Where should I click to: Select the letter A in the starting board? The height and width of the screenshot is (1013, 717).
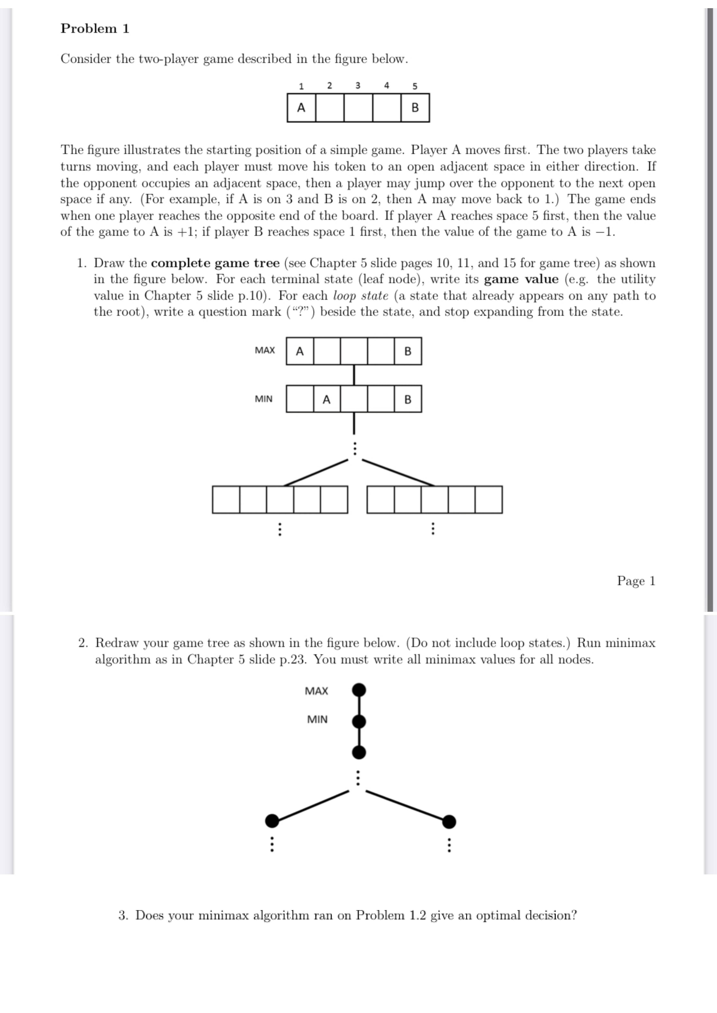pyautogui.click(x=301, y=107)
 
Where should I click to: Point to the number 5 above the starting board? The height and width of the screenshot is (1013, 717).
pyautogui.click(x=415, y=86)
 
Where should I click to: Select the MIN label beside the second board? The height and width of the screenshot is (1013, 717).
pyautogui.click(x=264, y=399)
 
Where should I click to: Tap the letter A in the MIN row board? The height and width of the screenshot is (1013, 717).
pyautogui.click(x=326, y=399)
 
